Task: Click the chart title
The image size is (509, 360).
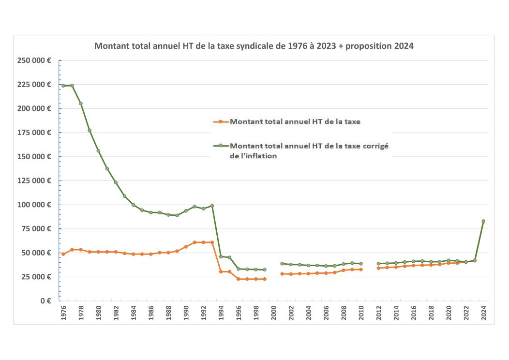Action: [x=254, y=46]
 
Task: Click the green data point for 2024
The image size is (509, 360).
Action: [x=483, y=221]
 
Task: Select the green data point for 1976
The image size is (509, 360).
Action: [x=63, y=86]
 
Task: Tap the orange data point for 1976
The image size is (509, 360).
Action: [x=63, y=254]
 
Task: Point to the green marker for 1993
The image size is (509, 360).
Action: [x=212, y=206]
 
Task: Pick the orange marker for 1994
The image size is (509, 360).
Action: [x=221, y=271]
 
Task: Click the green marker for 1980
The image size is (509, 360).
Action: [x=98, y=150]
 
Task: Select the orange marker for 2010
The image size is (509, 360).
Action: [x=361, y=270]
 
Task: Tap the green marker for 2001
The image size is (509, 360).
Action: [x=282, y=264]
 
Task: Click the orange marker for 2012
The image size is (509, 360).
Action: [x=378, y=268]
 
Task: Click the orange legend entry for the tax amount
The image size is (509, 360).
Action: [x=296, y=121]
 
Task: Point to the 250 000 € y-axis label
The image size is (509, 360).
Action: [x=34, y=60]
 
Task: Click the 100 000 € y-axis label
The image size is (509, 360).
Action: [x=34, y=205]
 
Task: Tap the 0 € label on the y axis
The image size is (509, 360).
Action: [x=46, y=300]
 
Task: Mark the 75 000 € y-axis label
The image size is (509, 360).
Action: [x=36, y=229]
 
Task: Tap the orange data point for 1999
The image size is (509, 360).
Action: [x=265, y=279]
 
